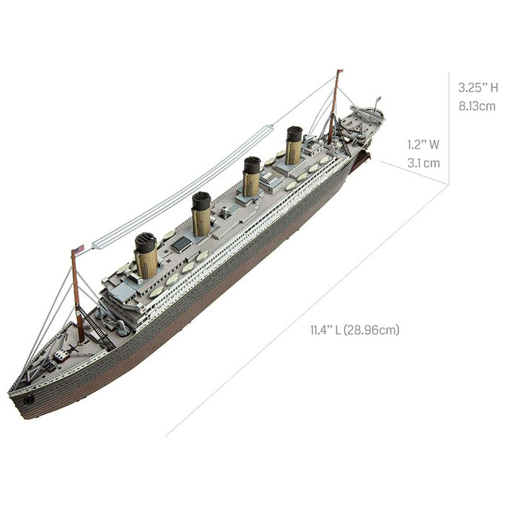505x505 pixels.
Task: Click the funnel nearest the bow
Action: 146,255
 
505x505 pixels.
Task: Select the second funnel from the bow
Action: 201,214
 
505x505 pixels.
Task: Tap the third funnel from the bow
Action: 250,177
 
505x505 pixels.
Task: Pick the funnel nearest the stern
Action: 293,146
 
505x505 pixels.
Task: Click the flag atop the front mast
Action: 78,250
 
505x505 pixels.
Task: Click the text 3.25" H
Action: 478,88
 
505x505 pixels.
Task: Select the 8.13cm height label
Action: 477,106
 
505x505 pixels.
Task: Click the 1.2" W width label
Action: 423,144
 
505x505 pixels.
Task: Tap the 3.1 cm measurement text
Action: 423,163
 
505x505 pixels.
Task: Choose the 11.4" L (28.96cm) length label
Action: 354,330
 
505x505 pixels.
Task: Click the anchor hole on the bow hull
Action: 30,398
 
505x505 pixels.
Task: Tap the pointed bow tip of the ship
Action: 10,394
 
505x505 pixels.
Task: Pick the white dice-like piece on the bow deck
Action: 62,355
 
